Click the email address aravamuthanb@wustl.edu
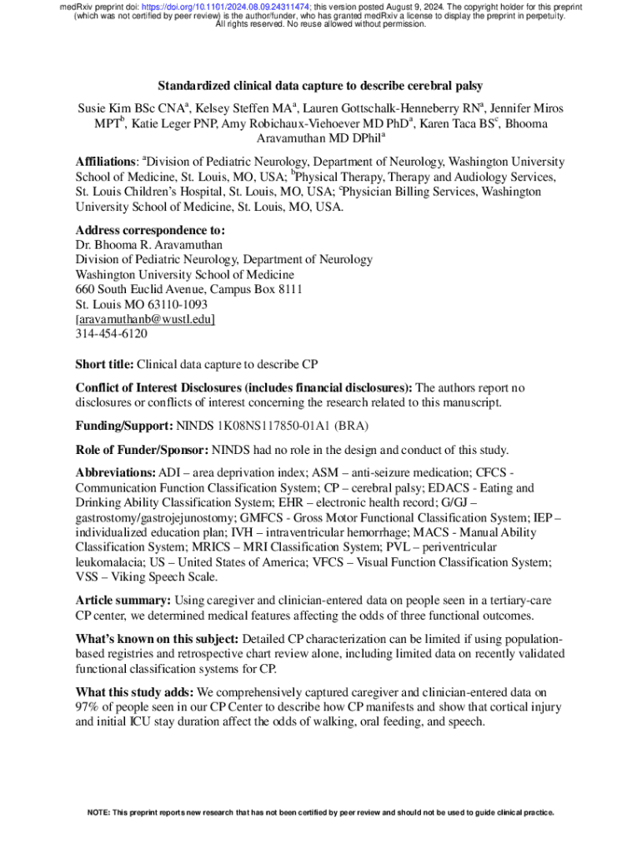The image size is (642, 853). pyautogui.click(x=145, y=319)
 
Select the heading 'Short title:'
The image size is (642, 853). pyautogui.click(x=104, y=364)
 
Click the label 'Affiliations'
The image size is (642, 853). pyautogui.click(x=106, y=161)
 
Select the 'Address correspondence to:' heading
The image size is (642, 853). pyautogui.click(x=150, y=229)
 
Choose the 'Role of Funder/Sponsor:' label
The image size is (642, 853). pyautogui.click(x=142, y=450)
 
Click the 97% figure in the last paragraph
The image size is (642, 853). pyautogui.click(x=88, y=707)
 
